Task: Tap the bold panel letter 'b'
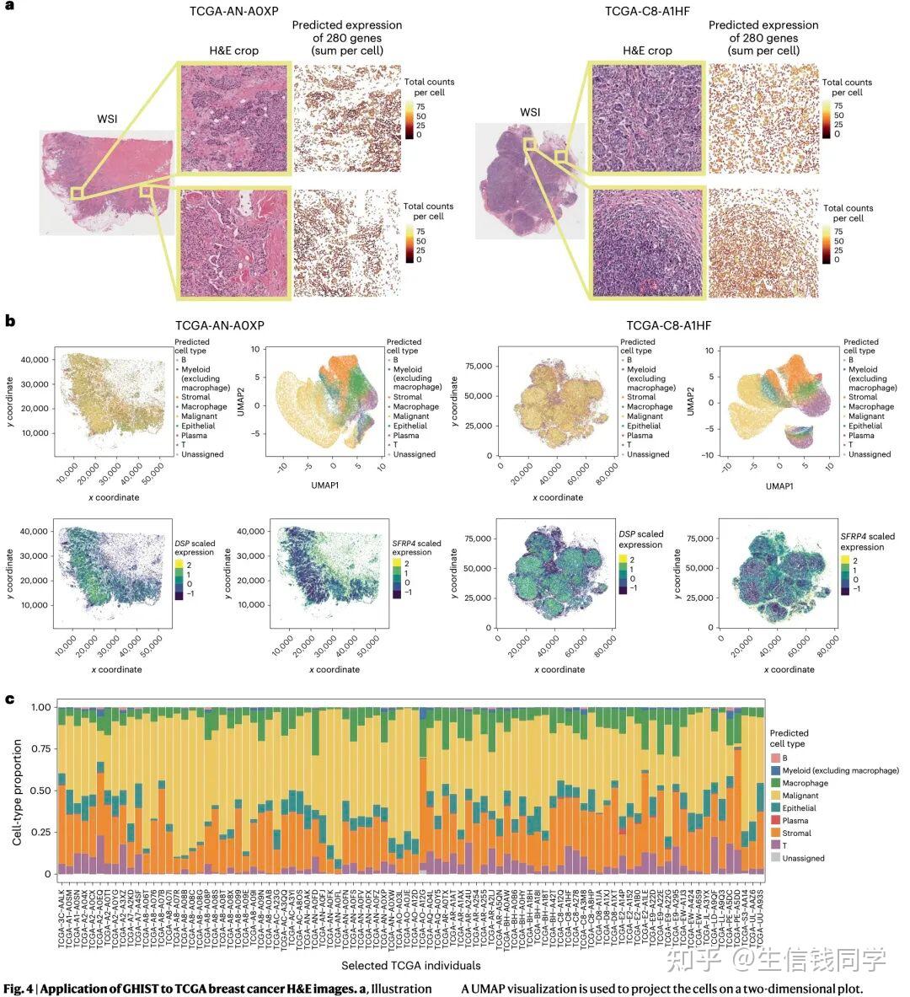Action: tap(9, 321)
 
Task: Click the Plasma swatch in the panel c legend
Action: tap(775, 821)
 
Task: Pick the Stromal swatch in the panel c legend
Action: tap(775, 834)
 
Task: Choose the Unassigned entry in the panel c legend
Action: tap(802, 858)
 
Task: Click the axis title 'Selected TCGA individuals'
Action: tap(411, 965)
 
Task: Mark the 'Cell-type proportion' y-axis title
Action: tap(16, 789)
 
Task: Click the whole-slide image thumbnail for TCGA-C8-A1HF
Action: tap(529, 180)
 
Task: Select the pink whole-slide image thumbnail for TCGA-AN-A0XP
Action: tap(106, 180)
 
